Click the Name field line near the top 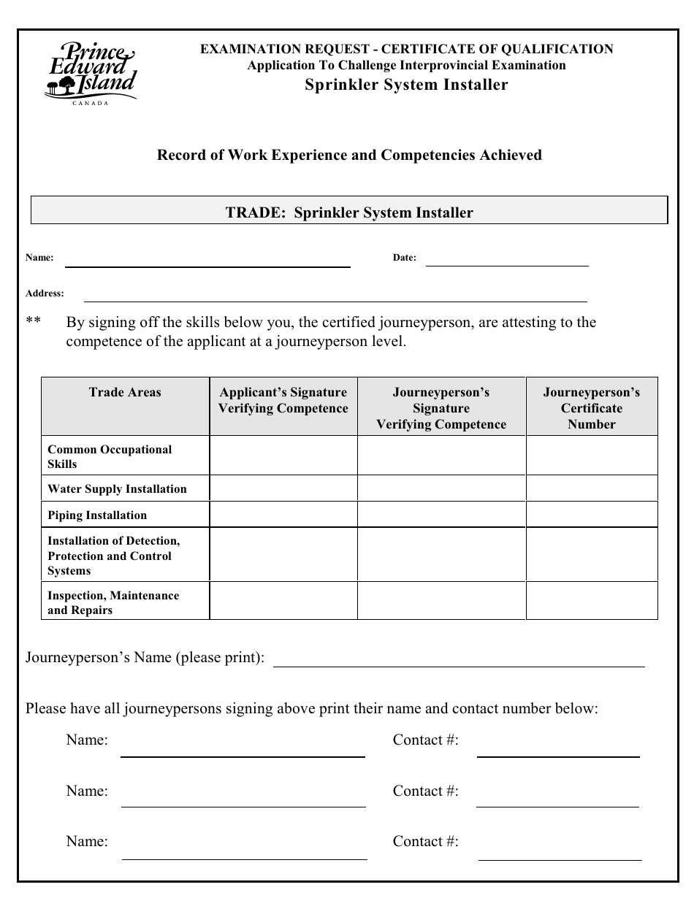pos(207,264)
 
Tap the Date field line pos(507,264)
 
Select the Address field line pos(335,299)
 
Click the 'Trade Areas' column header pos(125,393)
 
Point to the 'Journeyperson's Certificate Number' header pos(591,408)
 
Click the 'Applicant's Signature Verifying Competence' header pos(283,400)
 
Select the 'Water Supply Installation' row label pos(117,489)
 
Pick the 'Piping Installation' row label pos(97,515)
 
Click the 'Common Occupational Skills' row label pos(110,456)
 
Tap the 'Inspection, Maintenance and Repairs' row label pos(113,603)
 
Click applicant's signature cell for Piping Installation pos(283,515)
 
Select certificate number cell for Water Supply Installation pos(591,488)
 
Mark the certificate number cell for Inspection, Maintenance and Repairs pos(591,601)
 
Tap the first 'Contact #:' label pos(426,740)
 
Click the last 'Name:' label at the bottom pos(87,842)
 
